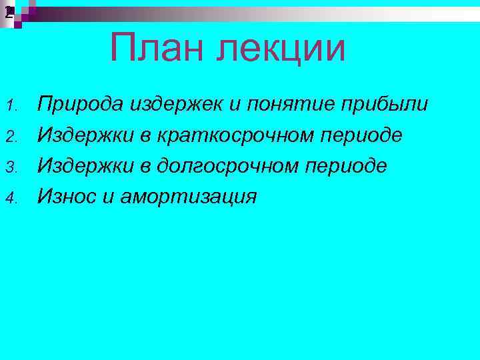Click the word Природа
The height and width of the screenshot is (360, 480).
[x=80, y=105]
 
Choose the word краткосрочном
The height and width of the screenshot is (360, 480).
[x=237, y=136]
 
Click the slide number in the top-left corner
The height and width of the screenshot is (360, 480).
[x=8, y=11]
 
